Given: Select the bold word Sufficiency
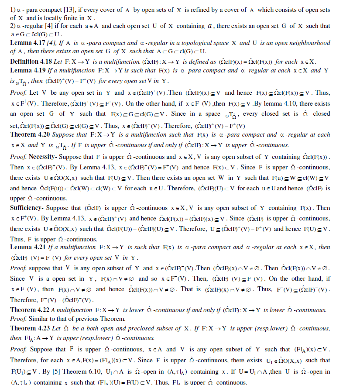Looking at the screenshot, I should pyautogui.click(x=27, y=208).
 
